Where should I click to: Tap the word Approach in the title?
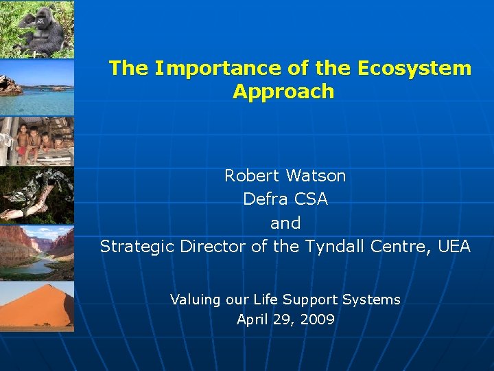[283, 91]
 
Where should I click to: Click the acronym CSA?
[311, 199]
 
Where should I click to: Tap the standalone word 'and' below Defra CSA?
[285, 223]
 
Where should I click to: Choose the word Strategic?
[137, 246]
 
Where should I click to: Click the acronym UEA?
[454, 246]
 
